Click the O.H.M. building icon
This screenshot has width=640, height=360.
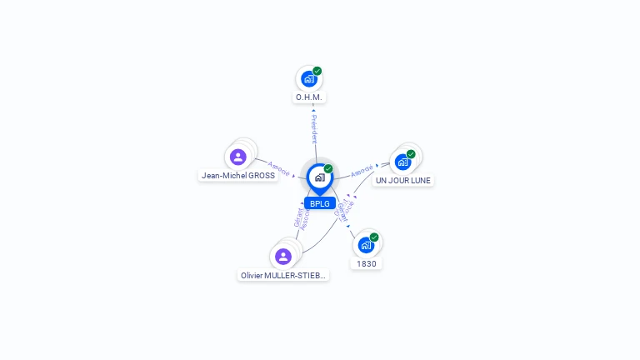(309, 79)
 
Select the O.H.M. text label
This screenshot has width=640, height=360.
(309, 97)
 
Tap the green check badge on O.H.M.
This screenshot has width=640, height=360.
(317, 71)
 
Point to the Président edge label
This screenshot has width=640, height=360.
(314, 128)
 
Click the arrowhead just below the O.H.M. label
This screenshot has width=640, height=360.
(313, 109)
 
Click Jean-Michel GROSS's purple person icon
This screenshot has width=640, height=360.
(238, 157)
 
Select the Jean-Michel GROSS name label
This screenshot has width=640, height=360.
(238, 176)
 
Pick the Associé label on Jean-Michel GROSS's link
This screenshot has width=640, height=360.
(279, 168)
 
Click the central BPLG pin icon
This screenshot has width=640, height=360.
(319, 177)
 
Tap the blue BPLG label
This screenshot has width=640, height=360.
(319, 203)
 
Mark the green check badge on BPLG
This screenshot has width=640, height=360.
(328, 169)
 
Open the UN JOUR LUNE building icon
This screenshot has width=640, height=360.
(403, 162)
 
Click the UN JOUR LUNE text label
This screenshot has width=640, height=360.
(403, 180)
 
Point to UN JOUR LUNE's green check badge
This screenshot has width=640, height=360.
(411, 154)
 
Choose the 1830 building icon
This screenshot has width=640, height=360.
(366, 245)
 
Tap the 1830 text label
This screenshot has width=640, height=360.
(367, 264)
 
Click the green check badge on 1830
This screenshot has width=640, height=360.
(374, 237)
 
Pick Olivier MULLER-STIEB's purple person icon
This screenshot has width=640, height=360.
(283, 256)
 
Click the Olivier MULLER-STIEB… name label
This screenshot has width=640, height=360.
(283, 276)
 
